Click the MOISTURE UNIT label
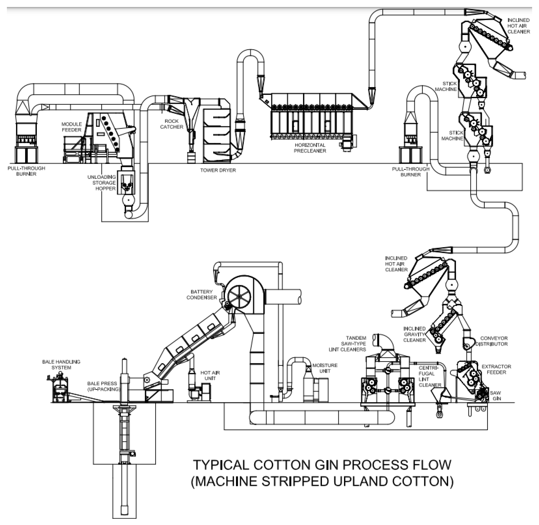tap(325, 368)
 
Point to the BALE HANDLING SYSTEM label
tap(61, 365)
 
